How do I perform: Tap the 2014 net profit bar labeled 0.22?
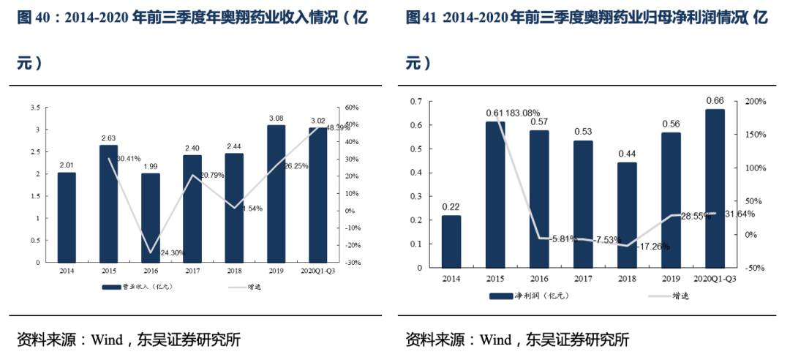pos(451,241)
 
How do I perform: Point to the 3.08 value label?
pos(276,118)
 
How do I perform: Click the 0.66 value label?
pos(714,100)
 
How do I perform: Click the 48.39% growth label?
pos(338,127)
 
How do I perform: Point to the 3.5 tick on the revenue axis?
pos(35,108)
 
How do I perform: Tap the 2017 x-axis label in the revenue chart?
pos(192,270)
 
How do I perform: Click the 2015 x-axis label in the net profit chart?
pos(494,278)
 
